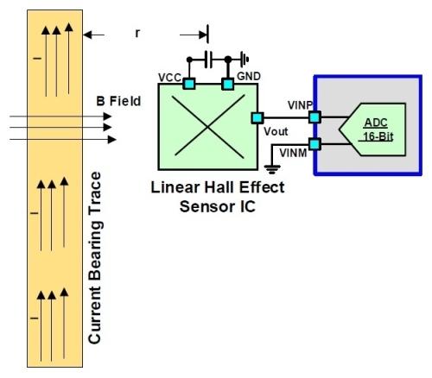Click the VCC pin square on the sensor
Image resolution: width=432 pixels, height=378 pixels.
pos(189,84)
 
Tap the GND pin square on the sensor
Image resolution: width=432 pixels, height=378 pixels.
pos(228,84)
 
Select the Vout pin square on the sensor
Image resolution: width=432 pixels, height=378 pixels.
pos(257,117)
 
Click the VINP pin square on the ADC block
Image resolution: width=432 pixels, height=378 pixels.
pos(314,117)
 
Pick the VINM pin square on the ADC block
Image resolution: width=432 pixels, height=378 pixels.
pos(314,144)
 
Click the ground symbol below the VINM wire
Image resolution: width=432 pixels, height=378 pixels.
pos(272,169)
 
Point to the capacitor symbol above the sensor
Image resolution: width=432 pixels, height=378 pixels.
pos(208,60)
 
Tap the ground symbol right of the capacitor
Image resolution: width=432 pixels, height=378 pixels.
pos(245,60)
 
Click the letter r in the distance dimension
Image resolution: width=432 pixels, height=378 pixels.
pos(137,34)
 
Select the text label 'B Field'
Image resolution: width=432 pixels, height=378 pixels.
pos(118,101)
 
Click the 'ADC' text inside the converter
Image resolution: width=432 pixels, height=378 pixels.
pos(376,123)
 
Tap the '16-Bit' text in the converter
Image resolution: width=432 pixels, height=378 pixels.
pos(378,136)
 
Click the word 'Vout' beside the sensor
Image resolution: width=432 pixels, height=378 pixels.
pos(276,131)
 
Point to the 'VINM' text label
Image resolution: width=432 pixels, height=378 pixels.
pos(293,153)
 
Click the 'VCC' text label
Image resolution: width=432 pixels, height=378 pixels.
pos(170,78)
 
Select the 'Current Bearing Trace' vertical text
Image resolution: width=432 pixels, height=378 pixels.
pos(95,258)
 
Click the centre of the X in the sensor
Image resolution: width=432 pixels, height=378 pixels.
pos(208,127)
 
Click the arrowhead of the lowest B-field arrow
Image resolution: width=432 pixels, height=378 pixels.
pos(111,140)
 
